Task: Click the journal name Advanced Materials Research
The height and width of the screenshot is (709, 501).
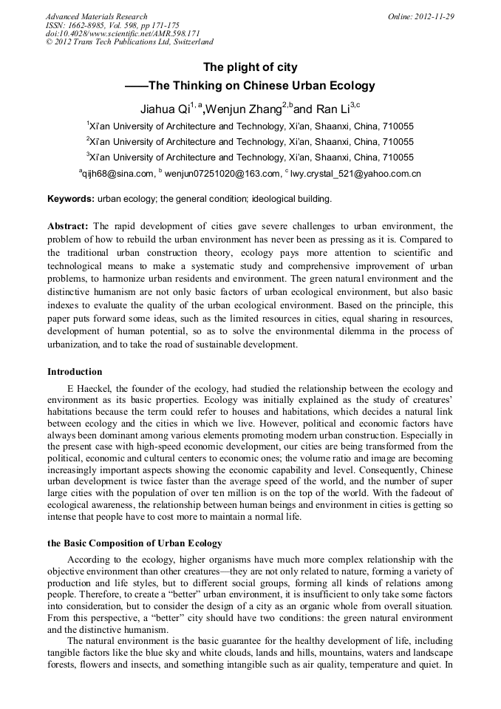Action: coord(96,16)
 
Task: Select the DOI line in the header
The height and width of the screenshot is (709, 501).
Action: coord(123,34)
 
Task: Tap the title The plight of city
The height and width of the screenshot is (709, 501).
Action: coord(250,67)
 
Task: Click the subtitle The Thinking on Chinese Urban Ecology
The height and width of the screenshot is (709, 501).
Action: coord(262,86)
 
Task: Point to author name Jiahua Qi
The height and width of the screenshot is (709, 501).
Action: coord(166,109)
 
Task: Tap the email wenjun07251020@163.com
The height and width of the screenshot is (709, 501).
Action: coord(224,174)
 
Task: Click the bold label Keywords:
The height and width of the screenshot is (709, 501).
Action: coord(71,199)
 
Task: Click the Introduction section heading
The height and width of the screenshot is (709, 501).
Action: coord(75,371)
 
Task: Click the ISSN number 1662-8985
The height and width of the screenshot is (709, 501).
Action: coord(88,25)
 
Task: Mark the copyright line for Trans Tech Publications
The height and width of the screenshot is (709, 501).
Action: coord(129,43)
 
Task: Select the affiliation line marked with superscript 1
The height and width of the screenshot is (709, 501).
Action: coord(250,126)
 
